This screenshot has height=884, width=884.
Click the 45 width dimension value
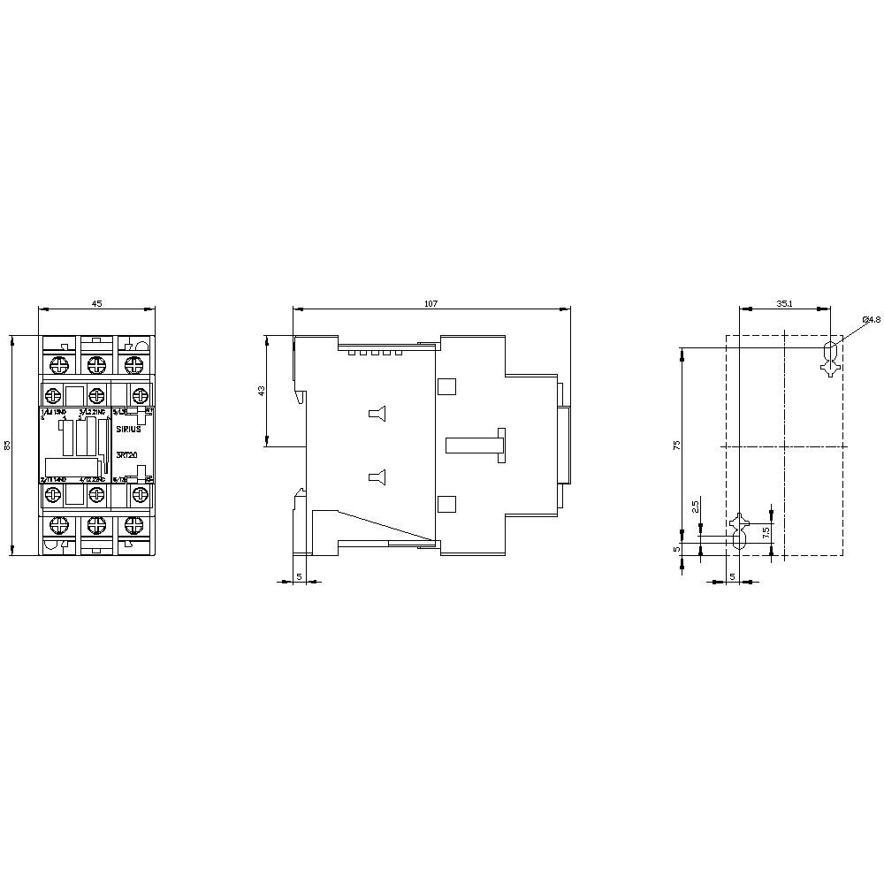tap(97, 303)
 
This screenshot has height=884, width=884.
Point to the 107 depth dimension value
tap(431, 303)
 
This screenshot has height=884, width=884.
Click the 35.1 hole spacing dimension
tap(784, 303)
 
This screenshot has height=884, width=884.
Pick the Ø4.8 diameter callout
tap(871, 319)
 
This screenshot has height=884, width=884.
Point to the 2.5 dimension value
tap(696, 507)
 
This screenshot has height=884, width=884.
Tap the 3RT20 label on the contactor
tap(126, 454)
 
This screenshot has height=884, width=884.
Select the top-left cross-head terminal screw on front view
tap(60, 362)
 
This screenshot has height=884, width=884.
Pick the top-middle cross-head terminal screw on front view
tap(96, 362)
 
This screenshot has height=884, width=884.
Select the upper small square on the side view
tap(446, 386)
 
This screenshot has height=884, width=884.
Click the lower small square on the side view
tap(446, 504)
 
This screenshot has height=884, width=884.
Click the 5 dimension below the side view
tap(299, 575)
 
